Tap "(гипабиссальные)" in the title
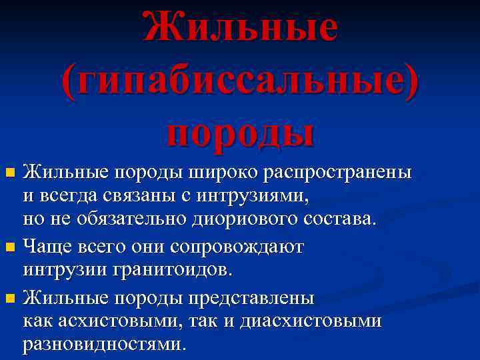click(x=241, y=82)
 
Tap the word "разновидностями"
click(x=104, y=344)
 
